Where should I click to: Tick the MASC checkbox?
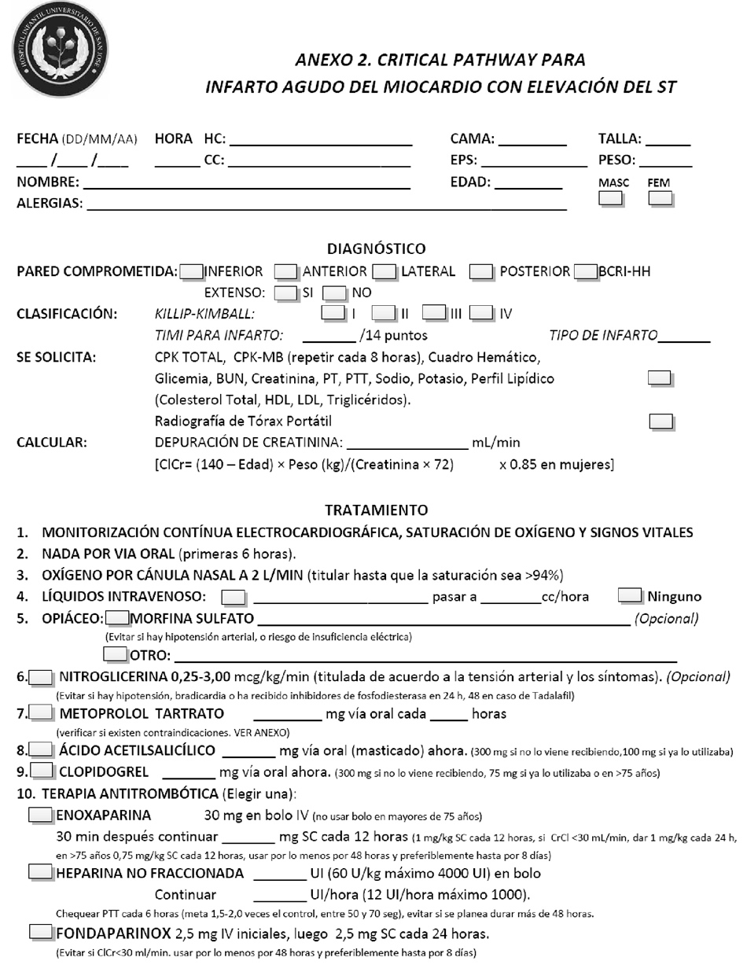(x=611, y=199)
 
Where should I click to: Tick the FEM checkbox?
(x=661, y=199)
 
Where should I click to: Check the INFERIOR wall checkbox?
(x=191, y=272)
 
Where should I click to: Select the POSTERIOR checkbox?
(x=481, y=272)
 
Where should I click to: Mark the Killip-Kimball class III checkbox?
(x=435, y=313)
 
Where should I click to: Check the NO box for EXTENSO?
(x=336, y=293)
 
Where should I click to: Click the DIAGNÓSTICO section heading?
(x=376, y=249)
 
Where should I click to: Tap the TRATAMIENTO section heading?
(x=376, y=510)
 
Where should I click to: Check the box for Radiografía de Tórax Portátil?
(x=662, y=421)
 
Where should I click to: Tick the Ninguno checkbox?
(x=631, y=595)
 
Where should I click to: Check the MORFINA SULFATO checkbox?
(x=118, y=618)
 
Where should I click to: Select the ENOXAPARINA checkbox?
(x=41, y=815)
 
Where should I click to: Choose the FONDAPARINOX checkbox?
(x=41, y=933)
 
